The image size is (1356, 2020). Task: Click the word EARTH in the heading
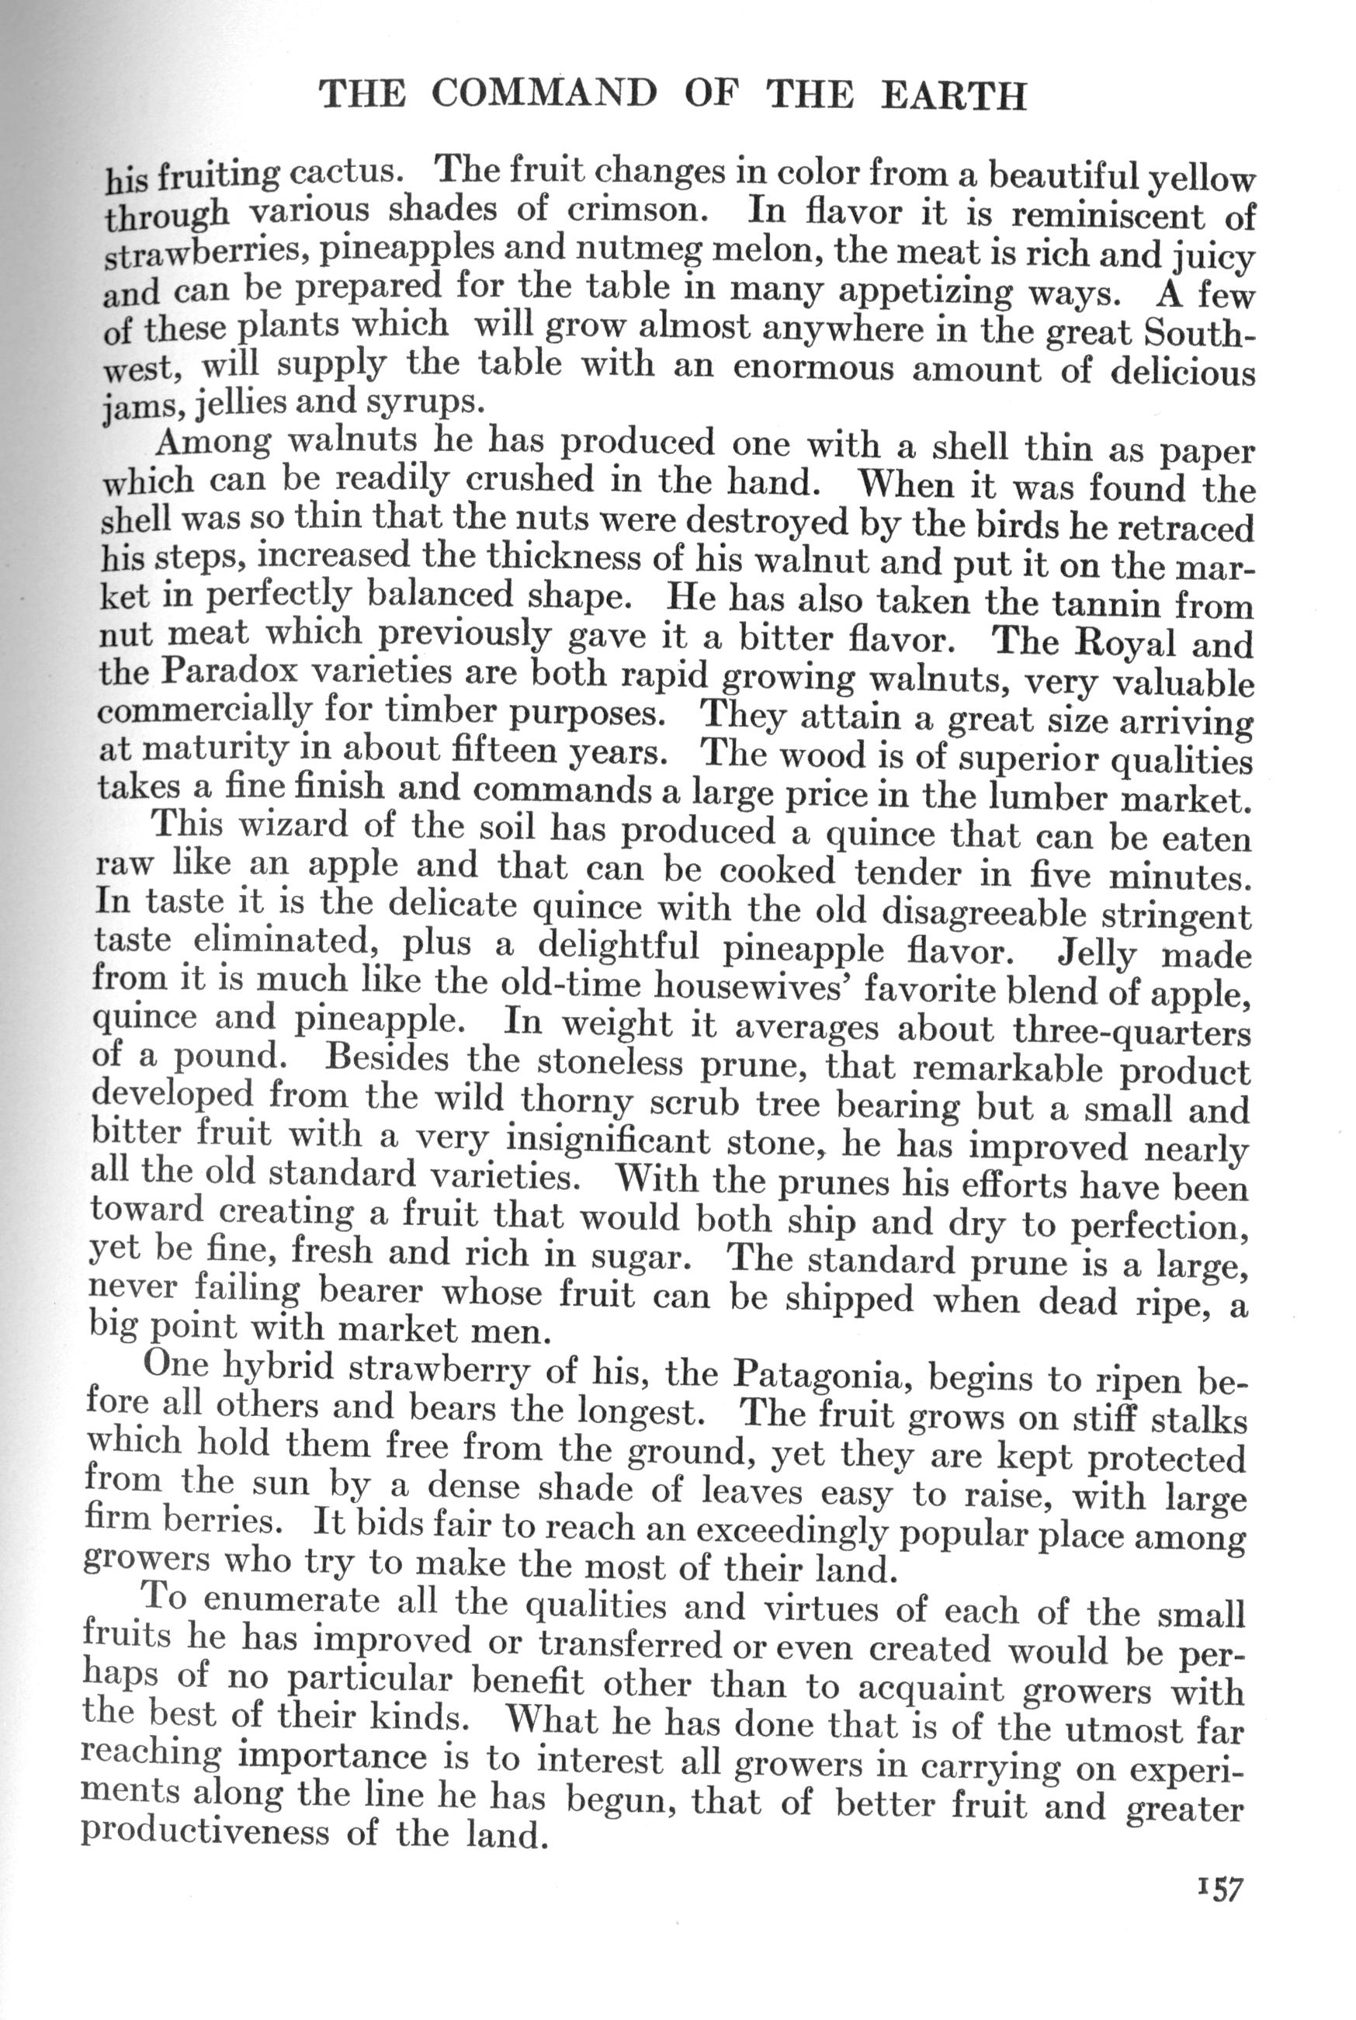point(953,95)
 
